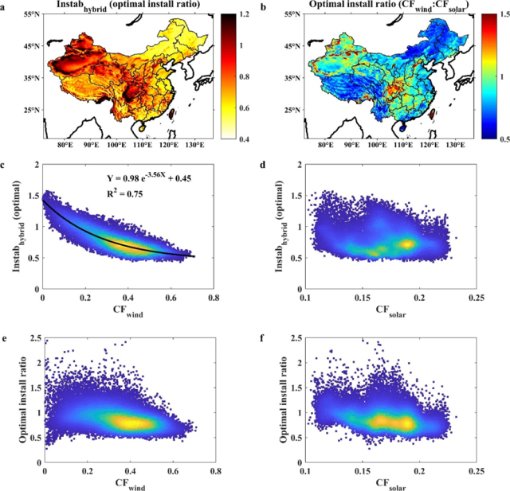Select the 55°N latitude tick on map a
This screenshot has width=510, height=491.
pos(24,16)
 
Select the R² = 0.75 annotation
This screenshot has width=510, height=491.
pos(123,193)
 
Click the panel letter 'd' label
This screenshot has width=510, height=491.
pos(264,165)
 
